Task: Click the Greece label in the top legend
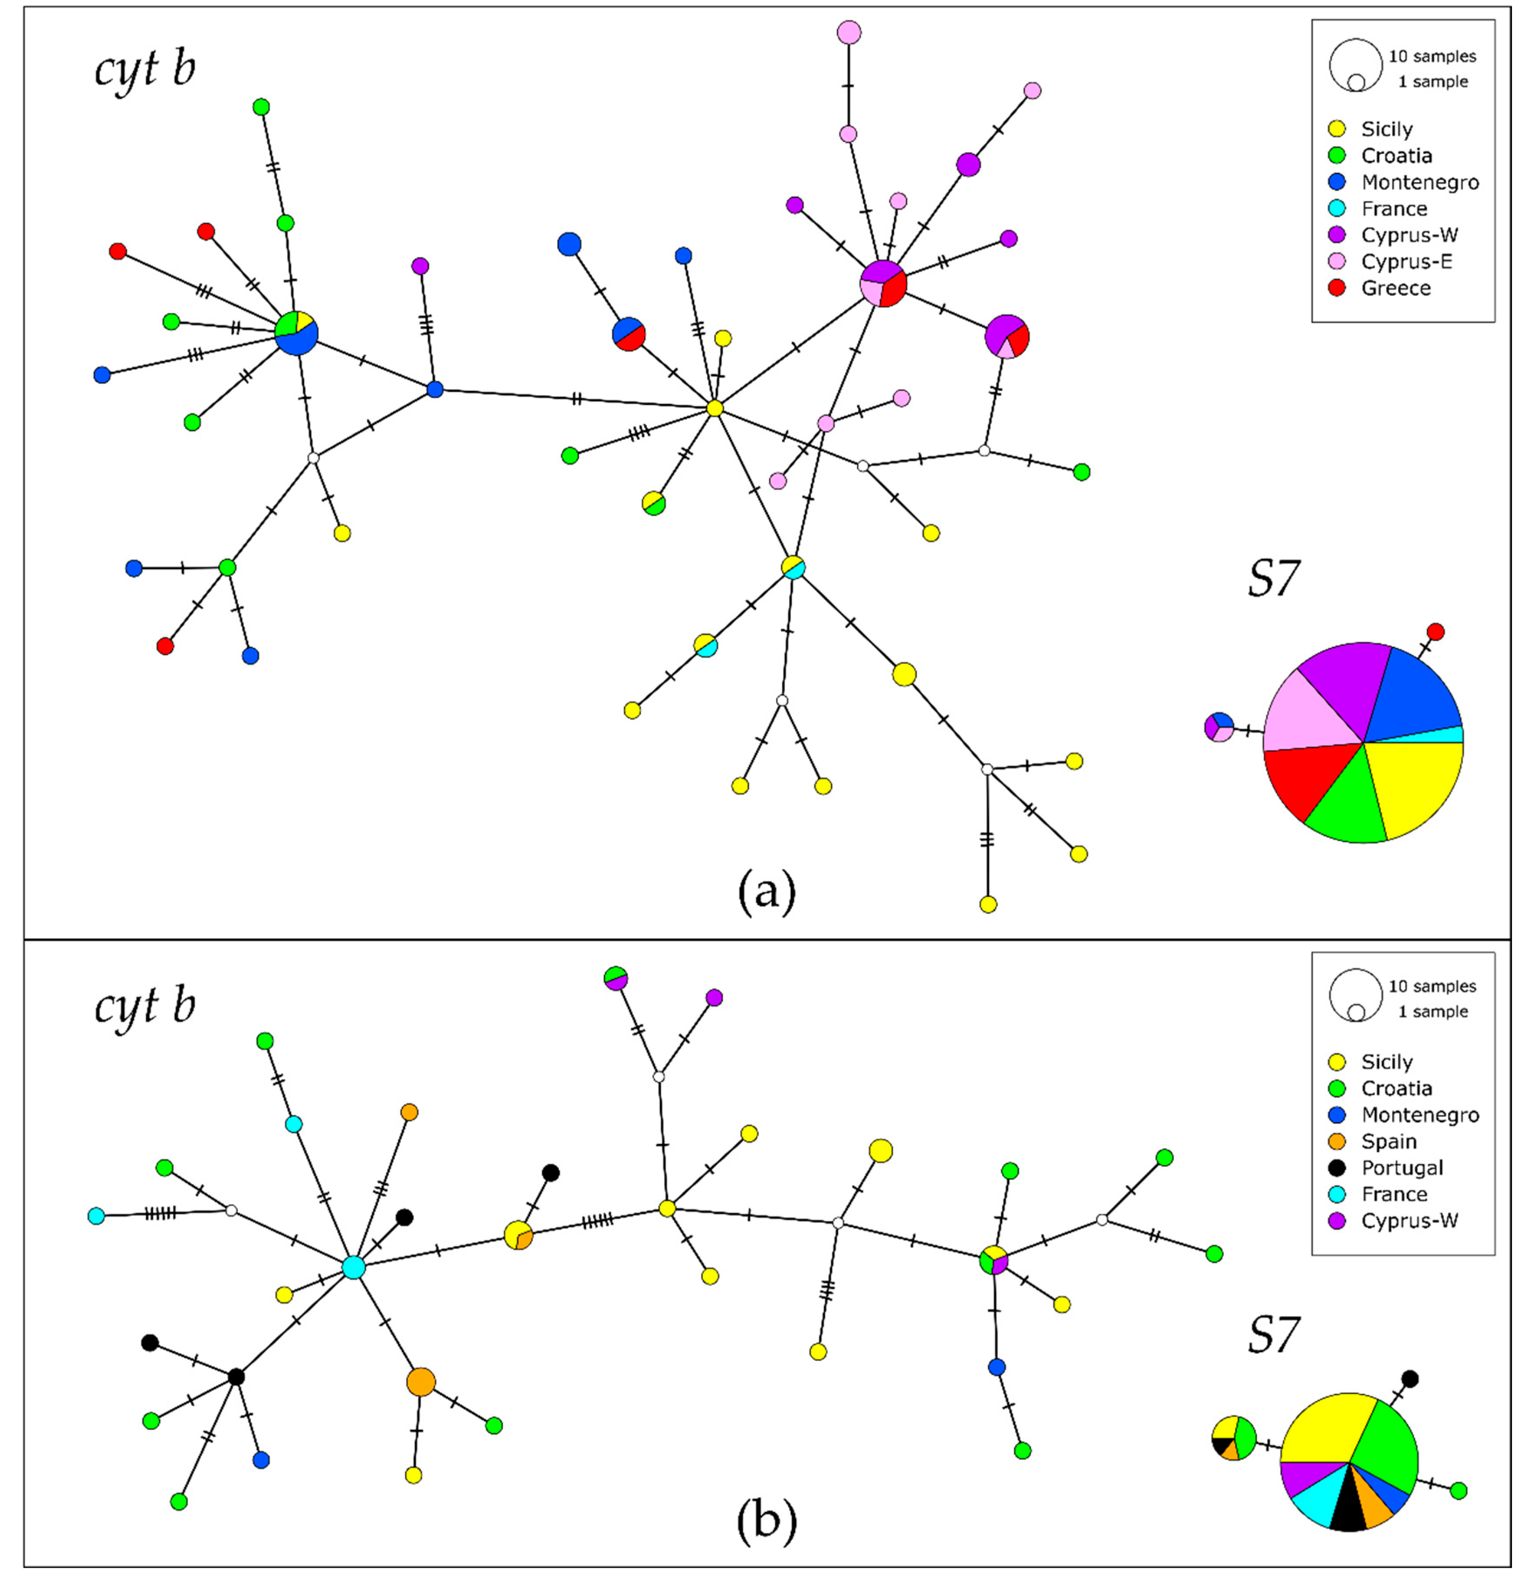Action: pyautogui.click(x=1396, y=288)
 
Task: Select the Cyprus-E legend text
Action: pyautogui.click(x=1406, y=261)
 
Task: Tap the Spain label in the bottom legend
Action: pyautogui.click(x=1388, y=1141)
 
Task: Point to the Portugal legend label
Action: pyautogui.click(x=1402, y=1168)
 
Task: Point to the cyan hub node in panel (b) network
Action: pyautogui.click(x=353, y=1267)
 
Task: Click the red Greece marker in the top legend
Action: pyautogui.click(x=1337, y=288)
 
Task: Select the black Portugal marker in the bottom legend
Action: pyautogui.click(x=1337, y=1168)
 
